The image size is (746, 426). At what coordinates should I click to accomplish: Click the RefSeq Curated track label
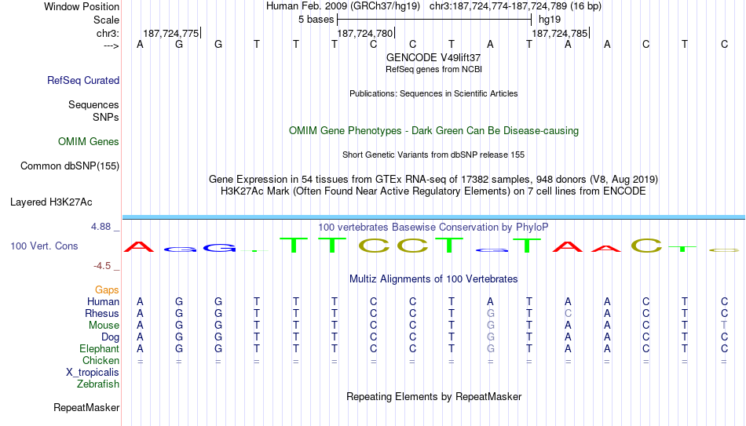point(83,80)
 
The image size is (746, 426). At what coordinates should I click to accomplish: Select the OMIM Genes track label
point(89,142)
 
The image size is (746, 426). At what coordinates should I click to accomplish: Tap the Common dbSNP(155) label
point(70,166)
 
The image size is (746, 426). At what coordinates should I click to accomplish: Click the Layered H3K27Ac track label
point(51,202)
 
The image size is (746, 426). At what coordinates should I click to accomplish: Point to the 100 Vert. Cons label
point(44,246)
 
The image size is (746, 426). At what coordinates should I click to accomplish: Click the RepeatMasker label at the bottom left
point(86,407)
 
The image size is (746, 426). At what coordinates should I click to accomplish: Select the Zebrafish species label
point(98,384)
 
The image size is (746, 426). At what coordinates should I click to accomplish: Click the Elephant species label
point(99,349)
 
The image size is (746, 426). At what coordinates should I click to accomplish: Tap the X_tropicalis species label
point(93,373)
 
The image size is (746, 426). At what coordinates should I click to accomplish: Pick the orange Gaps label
point(107,290)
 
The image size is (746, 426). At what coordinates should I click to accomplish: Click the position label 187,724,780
point(365,33)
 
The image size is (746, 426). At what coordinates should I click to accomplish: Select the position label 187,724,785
point(559,33)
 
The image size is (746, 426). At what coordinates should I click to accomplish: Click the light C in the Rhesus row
point(568,314)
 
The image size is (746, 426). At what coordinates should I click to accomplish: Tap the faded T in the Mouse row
point(724,326)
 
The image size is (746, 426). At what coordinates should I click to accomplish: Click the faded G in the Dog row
point(491,337)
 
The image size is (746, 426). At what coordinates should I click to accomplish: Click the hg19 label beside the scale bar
point(550,20)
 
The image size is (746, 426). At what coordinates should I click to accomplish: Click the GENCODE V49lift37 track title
point(433,57)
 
